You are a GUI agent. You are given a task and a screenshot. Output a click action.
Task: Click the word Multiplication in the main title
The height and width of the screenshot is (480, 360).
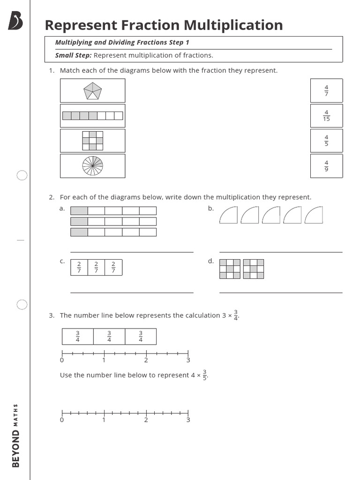[x=233, y=25]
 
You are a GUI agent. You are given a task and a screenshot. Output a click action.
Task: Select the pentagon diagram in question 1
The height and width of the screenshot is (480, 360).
[x=92, y=90]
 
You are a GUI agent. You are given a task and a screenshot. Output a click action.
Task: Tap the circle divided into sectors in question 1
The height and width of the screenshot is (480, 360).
[x=92, y=166]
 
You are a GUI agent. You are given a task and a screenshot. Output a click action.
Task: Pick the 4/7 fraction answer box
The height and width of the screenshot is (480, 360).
[x=326, y=90]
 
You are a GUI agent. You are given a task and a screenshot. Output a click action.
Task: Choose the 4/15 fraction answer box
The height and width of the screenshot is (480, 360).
[x=326, y=116]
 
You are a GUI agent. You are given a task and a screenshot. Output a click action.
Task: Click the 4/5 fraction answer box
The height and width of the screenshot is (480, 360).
[x=326, y=141]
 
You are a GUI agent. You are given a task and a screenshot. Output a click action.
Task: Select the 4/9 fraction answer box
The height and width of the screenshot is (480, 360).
[x=326, y=166]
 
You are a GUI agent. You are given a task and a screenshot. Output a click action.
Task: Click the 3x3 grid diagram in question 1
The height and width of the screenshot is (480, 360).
[x=92, y=141]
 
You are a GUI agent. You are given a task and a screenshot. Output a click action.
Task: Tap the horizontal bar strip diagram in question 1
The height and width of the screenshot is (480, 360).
[x=92, y=116]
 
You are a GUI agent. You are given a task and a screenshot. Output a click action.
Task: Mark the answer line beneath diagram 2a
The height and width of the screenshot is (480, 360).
[x=132, y=252]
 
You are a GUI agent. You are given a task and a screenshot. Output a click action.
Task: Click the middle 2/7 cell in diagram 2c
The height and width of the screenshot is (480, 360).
[x=96, y=267]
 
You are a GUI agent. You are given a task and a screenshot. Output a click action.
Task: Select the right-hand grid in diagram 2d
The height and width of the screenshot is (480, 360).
[x=254, y=269]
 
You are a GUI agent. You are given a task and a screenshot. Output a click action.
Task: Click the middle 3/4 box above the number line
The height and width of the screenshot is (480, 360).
[x=109, y=337]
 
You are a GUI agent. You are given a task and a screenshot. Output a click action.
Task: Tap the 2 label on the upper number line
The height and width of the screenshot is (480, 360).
[x=146, y=360]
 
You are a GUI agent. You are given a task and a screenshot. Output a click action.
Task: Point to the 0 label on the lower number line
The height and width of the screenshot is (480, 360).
[x=62, y=420]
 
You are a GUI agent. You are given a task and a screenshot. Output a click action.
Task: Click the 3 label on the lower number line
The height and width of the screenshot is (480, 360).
[x=188, y=420]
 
